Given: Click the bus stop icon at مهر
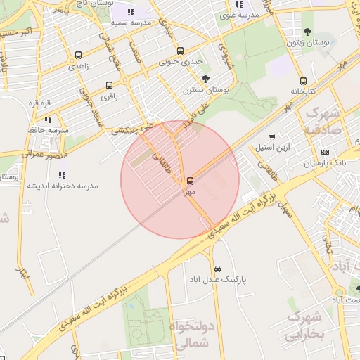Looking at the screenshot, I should click(x=190, y=181).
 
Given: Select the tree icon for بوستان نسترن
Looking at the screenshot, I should click(x=205, y=79).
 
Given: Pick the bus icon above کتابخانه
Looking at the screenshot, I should click(x=303, y=81).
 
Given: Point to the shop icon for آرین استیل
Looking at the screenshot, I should click(x=272, y=136).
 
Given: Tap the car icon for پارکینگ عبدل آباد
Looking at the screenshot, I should click(x=218, y=269).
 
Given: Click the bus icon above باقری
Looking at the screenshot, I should click(x=109, y=86).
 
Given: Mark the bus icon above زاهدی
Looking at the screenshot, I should click(x=77, y=56).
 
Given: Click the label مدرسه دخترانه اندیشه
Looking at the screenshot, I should click(x=63, y=186).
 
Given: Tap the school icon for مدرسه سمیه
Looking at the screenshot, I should click(x=131, y=12).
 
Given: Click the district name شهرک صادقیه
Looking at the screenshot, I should click(x=324, y=121).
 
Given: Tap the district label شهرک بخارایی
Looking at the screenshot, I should click(x=304, y=327).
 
